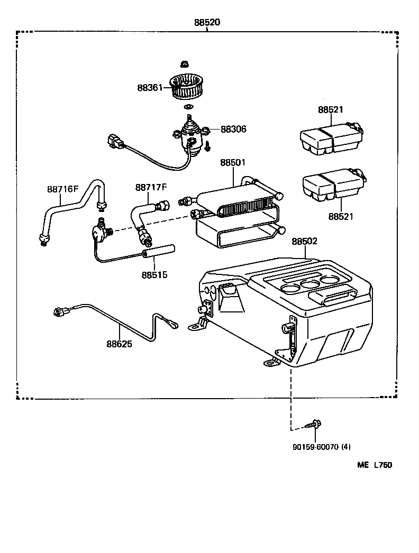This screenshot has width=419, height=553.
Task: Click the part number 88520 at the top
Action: (207, 23)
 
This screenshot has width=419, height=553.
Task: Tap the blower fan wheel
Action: (189, 87)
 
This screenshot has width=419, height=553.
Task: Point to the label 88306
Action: (233, 129)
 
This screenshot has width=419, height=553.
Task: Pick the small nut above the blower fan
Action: (185, 64)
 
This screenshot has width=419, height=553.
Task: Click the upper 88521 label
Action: (331, 110)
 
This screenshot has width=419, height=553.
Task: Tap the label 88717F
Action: (151, 187)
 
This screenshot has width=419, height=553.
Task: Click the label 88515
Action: (154, 274)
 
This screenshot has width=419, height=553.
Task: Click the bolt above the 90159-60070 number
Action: (315, 423)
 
